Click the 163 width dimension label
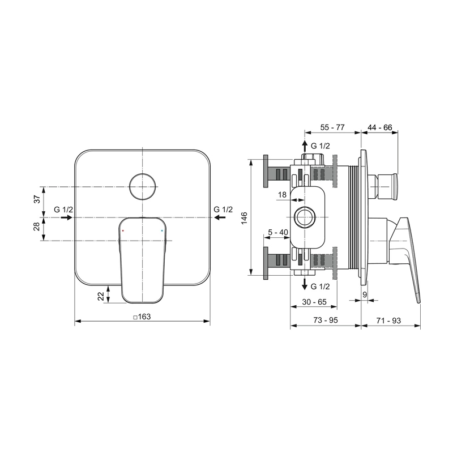coord(142,317)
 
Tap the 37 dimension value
coord(37,199)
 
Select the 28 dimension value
coord(37,226)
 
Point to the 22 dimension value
coord(101,296)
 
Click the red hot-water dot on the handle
coord(123,230)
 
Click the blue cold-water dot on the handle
coord(162,230)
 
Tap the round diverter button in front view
coord(143,187)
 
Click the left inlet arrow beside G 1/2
coord(67,217)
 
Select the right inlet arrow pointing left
coord(220,217)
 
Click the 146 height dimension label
coord(245,218)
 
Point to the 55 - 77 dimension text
coord(332,127)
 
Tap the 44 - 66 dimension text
coord(380,127)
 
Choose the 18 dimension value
coord(282,195)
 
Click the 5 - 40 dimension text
coord(278,232)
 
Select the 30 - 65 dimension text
coord(314,302)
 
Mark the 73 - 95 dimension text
coord(326,320)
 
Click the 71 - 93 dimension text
coord(388,320)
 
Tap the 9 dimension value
coord(365,294)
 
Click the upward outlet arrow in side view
coord(305,147)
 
